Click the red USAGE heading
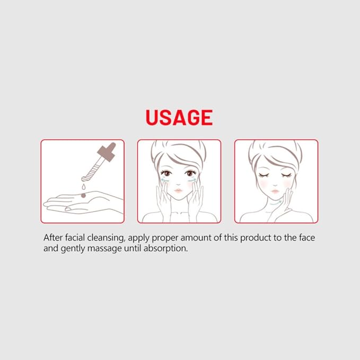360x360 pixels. tap(179, 117)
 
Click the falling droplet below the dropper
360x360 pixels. tap(84, 187)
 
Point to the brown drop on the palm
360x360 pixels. tap(83, 196)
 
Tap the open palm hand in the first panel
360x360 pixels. tap(83, 203)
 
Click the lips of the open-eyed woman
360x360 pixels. tap(178, 191)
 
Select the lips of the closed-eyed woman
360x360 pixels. tap(275, 191)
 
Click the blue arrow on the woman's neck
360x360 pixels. tap(276, 203)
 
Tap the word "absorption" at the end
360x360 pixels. tap(165, 249)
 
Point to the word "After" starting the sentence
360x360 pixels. tap(53, 238)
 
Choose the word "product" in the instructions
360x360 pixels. tap(256, 238)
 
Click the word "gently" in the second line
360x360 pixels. tap(73, 249)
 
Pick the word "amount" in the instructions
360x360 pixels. tap(196, 238)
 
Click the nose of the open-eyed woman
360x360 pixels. tap(178, 183)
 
